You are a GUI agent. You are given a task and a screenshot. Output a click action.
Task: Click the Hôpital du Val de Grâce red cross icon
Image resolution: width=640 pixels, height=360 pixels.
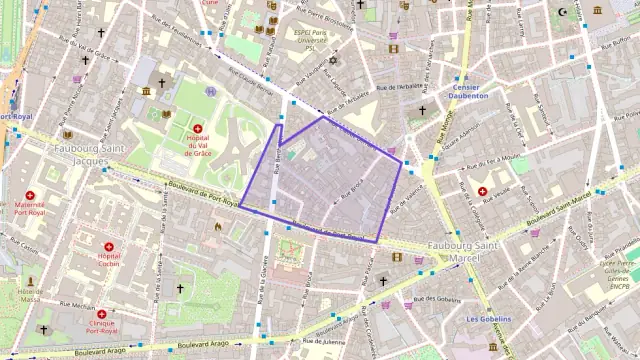tap(197, 129)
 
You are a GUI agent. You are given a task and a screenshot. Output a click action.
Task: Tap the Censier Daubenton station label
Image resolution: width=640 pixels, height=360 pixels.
tap(465, 90)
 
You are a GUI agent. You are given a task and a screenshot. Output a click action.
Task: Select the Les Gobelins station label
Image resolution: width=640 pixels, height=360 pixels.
tap(488, 319)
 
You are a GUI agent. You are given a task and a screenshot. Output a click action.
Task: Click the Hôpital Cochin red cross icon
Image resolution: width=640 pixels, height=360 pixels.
tap(108, 244)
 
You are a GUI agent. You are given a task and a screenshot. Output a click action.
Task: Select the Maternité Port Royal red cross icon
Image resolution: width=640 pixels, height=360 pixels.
tap(29, 196)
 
